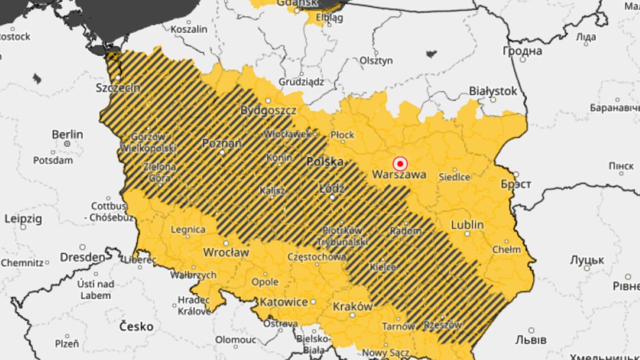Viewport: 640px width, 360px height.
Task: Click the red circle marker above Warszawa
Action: tap(399, 163)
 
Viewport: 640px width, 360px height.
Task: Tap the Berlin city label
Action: tap(67, 134)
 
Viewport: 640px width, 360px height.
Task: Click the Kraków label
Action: tap(352, 307)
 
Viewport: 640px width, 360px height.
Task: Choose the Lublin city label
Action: tap(467, 225)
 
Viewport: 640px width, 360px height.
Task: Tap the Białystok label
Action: tap(493, 91)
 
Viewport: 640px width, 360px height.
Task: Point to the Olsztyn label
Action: tap(376, 60)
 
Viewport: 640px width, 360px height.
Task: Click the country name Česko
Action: tap(136, 326)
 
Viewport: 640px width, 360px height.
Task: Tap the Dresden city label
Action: tap(83, 257)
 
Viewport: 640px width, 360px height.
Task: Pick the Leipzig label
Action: tap(22, 219)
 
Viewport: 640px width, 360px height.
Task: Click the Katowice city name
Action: tap(283, 302)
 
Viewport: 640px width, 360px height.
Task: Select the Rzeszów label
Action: tap(442, 324)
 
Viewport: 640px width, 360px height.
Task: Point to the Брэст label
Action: tap(515, 184)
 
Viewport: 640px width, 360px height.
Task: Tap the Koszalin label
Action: tap(189, 29)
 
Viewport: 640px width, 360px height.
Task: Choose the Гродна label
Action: tap(522, 51)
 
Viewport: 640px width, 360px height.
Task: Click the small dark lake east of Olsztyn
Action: tap(431, 53)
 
